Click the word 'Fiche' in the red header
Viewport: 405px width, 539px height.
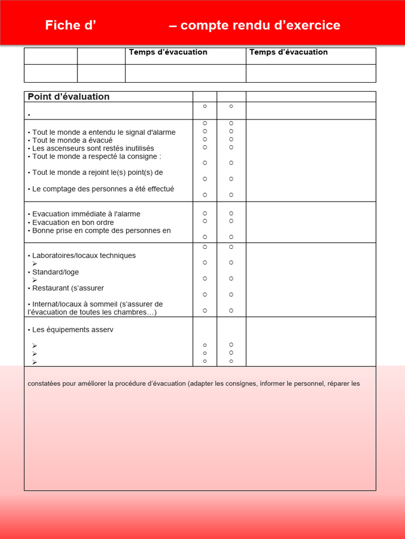(62, 25)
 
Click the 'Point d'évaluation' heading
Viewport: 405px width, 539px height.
(69, 97)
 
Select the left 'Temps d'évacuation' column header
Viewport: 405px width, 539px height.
(168, 52)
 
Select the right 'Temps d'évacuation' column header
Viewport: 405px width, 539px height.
(288, 52)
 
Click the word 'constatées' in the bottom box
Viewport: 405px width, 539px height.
(44, 384)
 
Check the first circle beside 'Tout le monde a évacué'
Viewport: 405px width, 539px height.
(205, 139)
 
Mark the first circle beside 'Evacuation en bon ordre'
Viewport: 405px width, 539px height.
(205, 221)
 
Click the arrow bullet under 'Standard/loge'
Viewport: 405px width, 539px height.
(35, 280)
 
